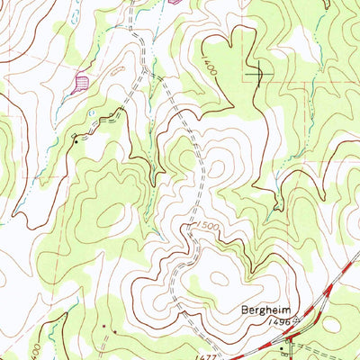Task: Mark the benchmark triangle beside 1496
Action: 274,323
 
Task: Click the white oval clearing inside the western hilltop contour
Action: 112,214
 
